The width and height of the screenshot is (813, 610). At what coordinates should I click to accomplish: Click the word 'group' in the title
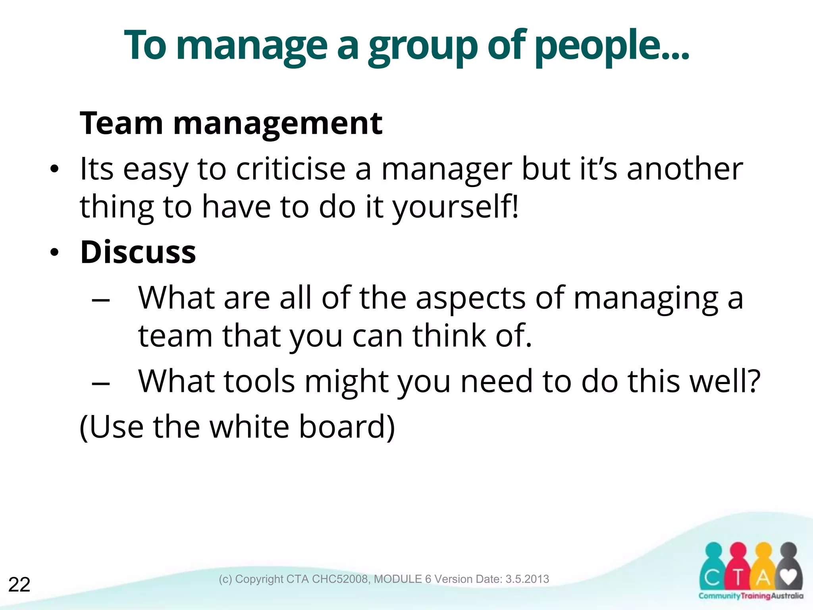click(423, 47)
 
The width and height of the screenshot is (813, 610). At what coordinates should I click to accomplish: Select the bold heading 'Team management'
click(231, 124)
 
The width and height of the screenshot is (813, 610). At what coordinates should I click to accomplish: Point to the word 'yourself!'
click(455, 207)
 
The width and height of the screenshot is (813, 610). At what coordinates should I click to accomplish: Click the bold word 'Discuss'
click(138, 252)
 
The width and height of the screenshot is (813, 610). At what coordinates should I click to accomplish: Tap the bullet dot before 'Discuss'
click(54, 253)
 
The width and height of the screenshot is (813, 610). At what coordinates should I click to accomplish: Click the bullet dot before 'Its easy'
click(54, 170)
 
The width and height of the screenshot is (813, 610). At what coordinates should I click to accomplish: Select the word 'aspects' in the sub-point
click(470, 298)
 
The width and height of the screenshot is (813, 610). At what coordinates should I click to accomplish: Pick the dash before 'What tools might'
click(100, 383)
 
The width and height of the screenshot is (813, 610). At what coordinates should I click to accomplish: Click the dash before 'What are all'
click(100, 300)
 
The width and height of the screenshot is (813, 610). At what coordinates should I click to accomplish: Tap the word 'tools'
click(260, 382)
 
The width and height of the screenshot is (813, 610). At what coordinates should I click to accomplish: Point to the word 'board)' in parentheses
click(347, 427)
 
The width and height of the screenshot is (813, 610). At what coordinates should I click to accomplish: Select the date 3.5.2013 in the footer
click(527, 579)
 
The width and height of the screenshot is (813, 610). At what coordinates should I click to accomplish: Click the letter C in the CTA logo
click(713, 578)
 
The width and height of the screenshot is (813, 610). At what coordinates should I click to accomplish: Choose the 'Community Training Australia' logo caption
click(751, 596)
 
